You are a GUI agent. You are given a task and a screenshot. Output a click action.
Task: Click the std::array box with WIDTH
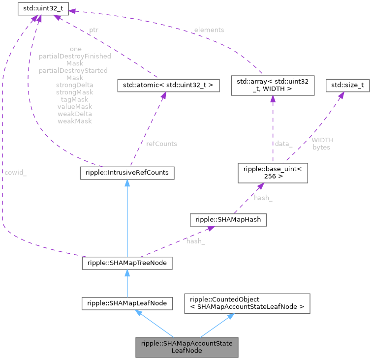click(272, 86)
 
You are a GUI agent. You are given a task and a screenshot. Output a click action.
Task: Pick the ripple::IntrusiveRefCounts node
click(126, 173)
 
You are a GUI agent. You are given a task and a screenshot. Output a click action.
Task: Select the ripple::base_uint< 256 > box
click(272, 172)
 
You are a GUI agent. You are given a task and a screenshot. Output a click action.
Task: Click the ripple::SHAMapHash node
click(228, 220)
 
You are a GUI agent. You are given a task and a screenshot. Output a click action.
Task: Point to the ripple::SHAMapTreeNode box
click(126, 263)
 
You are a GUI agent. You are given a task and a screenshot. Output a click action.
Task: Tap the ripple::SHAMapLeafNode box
click(127, 303)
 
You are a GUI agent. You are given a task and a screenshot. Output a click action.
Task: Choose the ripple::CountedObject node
click(247, 303)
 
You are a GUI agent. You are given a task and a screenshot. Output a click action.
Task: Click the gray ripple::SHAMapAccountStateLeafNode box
click(187, 347)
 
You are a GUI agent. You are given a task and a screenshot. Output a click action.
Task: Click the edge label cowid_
click(15, 173)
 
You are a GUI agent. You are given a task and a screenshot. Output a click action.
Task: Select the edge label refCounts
click(161, 144)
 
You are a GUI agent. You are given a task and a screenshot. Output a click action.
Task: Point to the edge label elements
click(209, 30)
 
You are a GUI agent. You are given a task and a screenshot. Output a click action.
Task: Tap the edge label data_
click(283, 144)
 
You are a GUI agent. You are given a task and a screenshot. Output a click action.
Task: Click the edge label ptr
click(93, 30)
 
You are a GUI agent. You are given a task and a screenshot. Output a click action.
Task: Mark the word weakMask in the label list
click(74, 120)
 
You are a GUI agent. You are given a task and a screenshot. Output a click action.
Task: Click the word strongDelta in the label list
click(74, 85)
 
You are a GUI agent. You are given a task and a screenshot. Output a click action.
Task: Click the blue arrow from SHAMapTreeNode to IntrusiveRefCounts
click(127, 216)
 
